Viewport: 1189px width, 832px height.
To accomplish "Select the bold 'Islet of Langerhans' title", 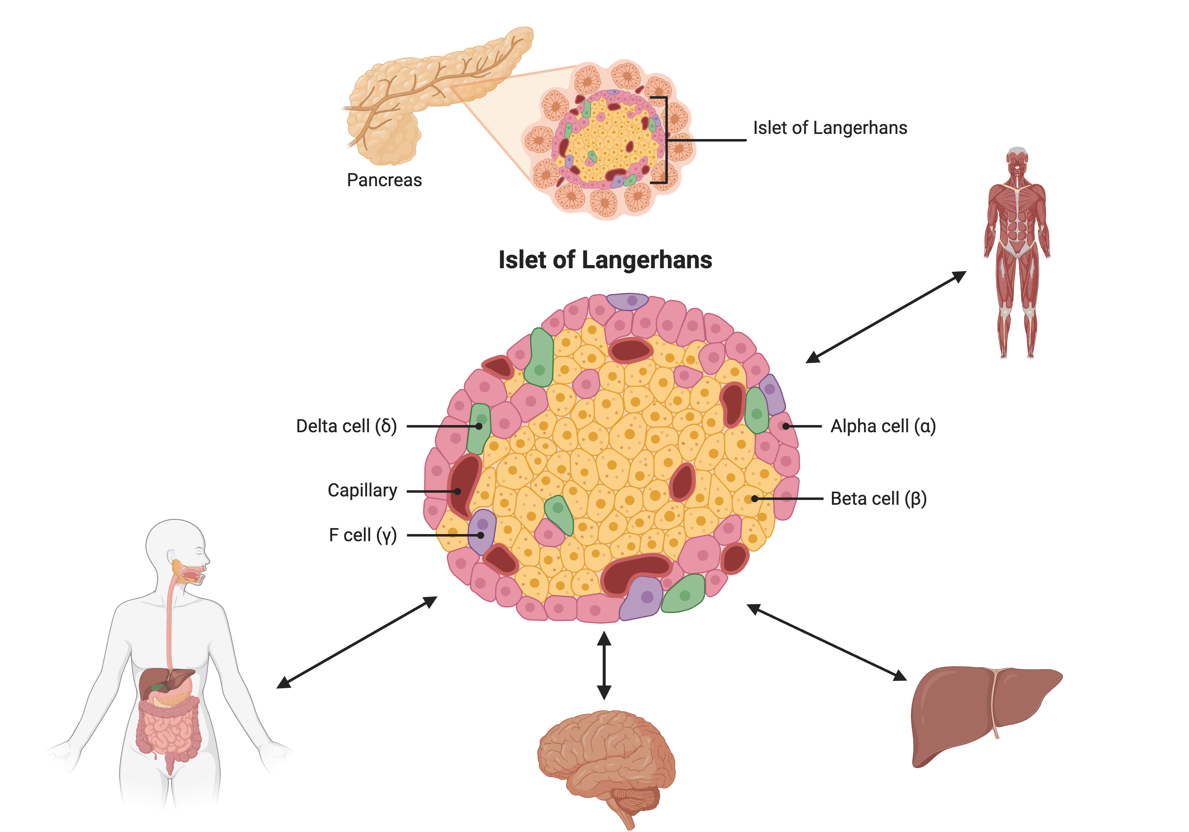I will click(605, 260).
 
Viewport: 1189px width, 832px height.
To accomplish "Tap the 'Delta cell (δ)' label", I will click(346, 426).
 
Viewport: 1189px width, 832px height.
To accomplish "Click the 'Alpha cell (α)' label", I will click(883, 426).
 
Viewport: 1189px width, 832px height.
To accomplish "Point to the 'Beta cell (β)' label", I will click(878, 498).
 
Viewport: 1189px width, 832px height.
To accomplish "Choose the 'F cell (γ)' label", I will click(363, 535).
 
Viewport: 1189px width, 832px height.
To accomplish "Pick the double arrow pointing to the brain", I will click(604, 665).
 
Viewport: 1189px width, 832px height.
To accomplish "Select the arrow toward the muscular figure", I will click(885, 317).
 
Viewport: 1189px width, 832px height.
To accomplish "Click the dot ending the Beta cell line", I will click(755, 498).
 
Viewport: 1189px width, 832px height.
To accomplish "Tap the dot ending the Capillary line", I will click(457, 491).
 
